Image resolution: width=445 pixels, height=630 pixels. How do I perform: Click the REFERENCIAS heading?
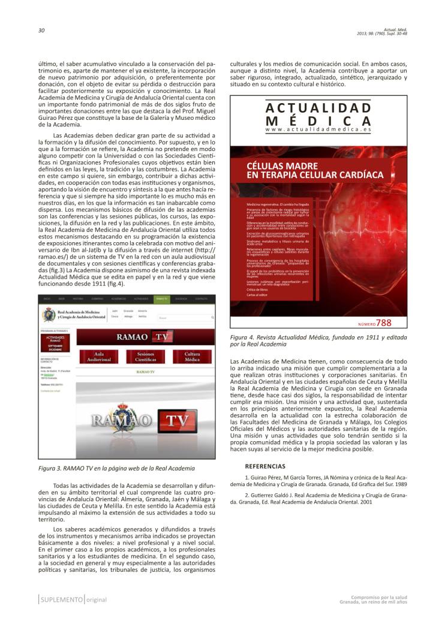pyautogui.click(x=266, y=466)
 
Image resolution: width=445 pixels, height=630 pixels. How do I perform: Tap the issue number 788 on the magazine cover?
pyautogui.click(x=384, y=322)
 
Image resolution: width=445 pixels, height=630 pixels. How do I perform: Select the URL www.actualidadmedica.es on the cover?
pyautogui.click(x=318, y=129)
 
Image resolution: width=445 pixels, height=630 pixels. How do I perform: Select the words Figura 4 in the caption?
pyautogui.click(x=243, y=338)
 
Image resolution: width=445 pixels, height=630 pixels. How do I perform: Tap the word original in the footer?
pyautogui.click(x=97, y=599)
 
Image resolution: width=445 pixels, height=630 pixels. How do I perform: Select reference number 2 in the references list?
pyautogui.click(x=246, y=495)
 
